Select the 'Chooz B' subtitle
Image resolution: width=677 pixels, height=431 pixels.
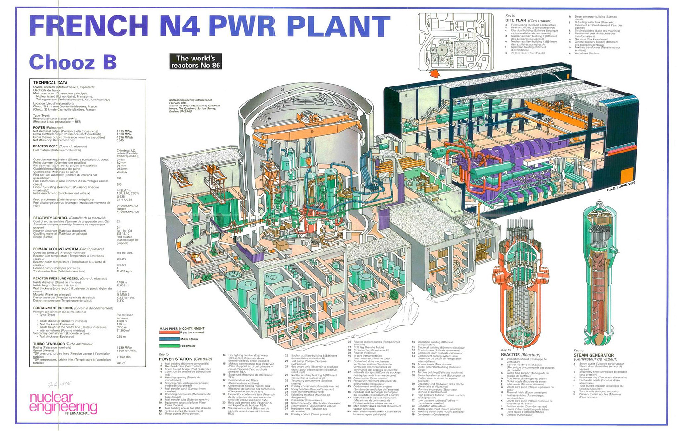73,62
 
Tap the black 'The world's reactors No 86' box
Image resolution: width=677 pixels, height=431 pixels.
195,62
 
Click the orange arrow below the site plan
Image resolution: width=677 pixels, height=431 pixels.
436,73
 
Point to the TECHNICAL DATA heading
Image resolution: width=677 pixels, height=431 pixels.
50,82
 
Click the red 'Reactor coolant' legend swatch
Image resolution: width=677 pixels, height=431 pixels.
169,332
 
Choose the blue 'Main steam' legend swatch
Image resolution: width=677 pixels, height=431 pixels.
169,339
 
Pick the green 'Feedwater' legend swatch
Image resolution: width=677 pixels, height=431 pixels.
169,345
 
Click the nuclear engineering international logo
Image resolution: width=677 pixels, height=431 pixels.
63,403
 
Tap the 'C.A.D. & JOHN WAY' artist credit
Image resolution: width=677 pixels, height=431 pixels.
621,189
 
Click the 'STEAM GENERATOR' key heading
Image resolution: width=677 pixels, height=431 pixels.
594,355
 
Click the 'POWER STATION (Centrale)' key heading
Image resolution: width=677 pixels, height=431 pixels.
185,359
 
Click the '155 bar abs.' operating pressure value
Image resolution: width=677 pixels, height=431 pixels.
125,253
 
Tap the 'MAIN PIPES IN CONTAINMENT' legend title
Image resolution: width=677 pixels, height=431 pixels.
182,329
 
